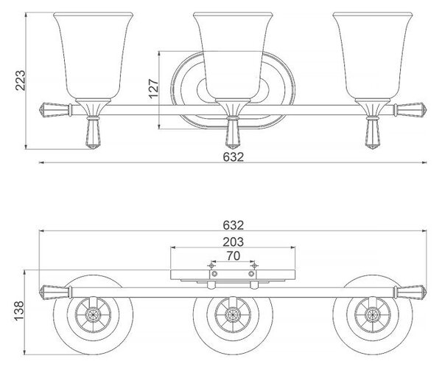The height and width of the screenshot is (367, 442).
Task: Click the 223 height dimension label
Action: [21, 80]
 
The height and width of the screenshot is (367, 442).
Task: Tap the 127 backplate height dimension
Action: [154, 89]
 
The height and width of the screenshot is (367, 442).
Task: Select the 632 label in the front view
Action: [233, 157]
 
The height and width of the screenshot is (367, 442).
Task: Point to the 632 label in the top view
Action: [233, 225]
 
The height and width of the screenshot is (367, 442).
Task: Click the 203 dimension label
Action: [233, 242]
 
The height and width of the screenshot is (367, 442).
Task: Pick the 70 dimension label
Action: [234, 256]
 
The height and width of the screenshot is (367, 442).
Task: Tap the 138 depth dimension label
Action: [20, 311]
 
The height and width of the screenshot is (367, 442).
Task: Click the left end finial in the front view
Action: [55, 109]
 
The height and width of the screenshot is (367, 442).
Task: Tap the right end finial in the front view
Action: [410, 109]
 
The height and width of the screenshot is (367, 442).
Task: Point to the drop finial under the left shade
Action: [93, 133]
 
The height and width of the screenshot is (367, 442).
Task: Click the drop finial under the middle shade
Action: [233, 133]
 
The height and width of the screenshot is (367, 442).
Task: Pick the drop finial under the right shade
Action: [373, 133]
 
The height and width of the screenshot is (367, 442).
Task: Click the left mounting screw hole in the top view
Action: [214, 274]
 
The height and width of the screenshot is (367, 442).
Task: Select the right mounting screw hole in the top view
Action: [251, 274]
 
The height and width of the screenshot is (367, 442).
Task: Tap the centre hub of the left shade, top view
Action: [92, 314]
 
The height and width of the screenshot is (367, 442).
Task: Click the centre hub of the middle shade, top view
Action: [233, 314]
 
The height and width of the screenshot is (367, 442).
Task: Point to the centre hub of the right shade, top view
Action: [371, 314]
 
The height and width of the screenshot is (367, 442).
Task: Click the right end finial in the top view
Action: [410, 292]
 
